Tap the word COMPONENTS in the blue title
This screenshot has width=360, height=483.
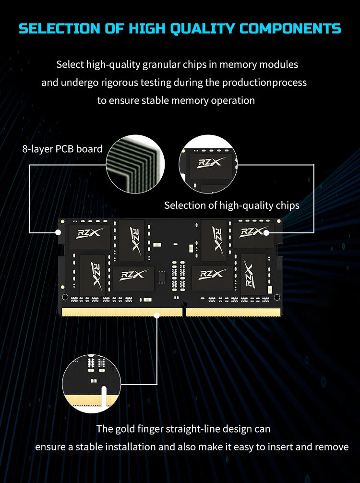point(290,28)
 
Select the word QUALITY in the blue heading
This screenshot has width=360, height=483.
point(203,29)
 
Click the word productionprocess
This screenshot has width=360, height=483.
point(264,83)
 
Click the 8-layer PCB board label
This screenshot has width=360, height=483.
point(62,149)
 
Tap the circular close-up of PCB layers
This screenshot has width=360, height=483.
point(135,164)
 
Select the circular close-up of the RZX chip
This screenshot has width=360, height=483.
point(208,164)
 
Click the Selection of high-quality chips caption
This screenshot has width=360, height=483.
point(231,205)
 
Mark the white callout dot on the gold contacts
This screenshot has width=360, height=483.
point(157,316)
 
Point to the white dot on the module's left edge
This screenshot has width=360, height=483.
point(58,232)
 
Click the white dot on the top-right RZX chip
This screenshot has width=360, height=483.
point(266,233)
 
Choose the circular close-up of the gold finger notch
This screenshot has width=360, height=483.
point(92,384)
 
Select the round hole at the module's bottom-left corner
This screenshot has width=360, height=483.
point(65,297)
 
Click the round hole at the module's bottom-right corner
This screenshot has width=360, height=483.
point(277,297)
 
